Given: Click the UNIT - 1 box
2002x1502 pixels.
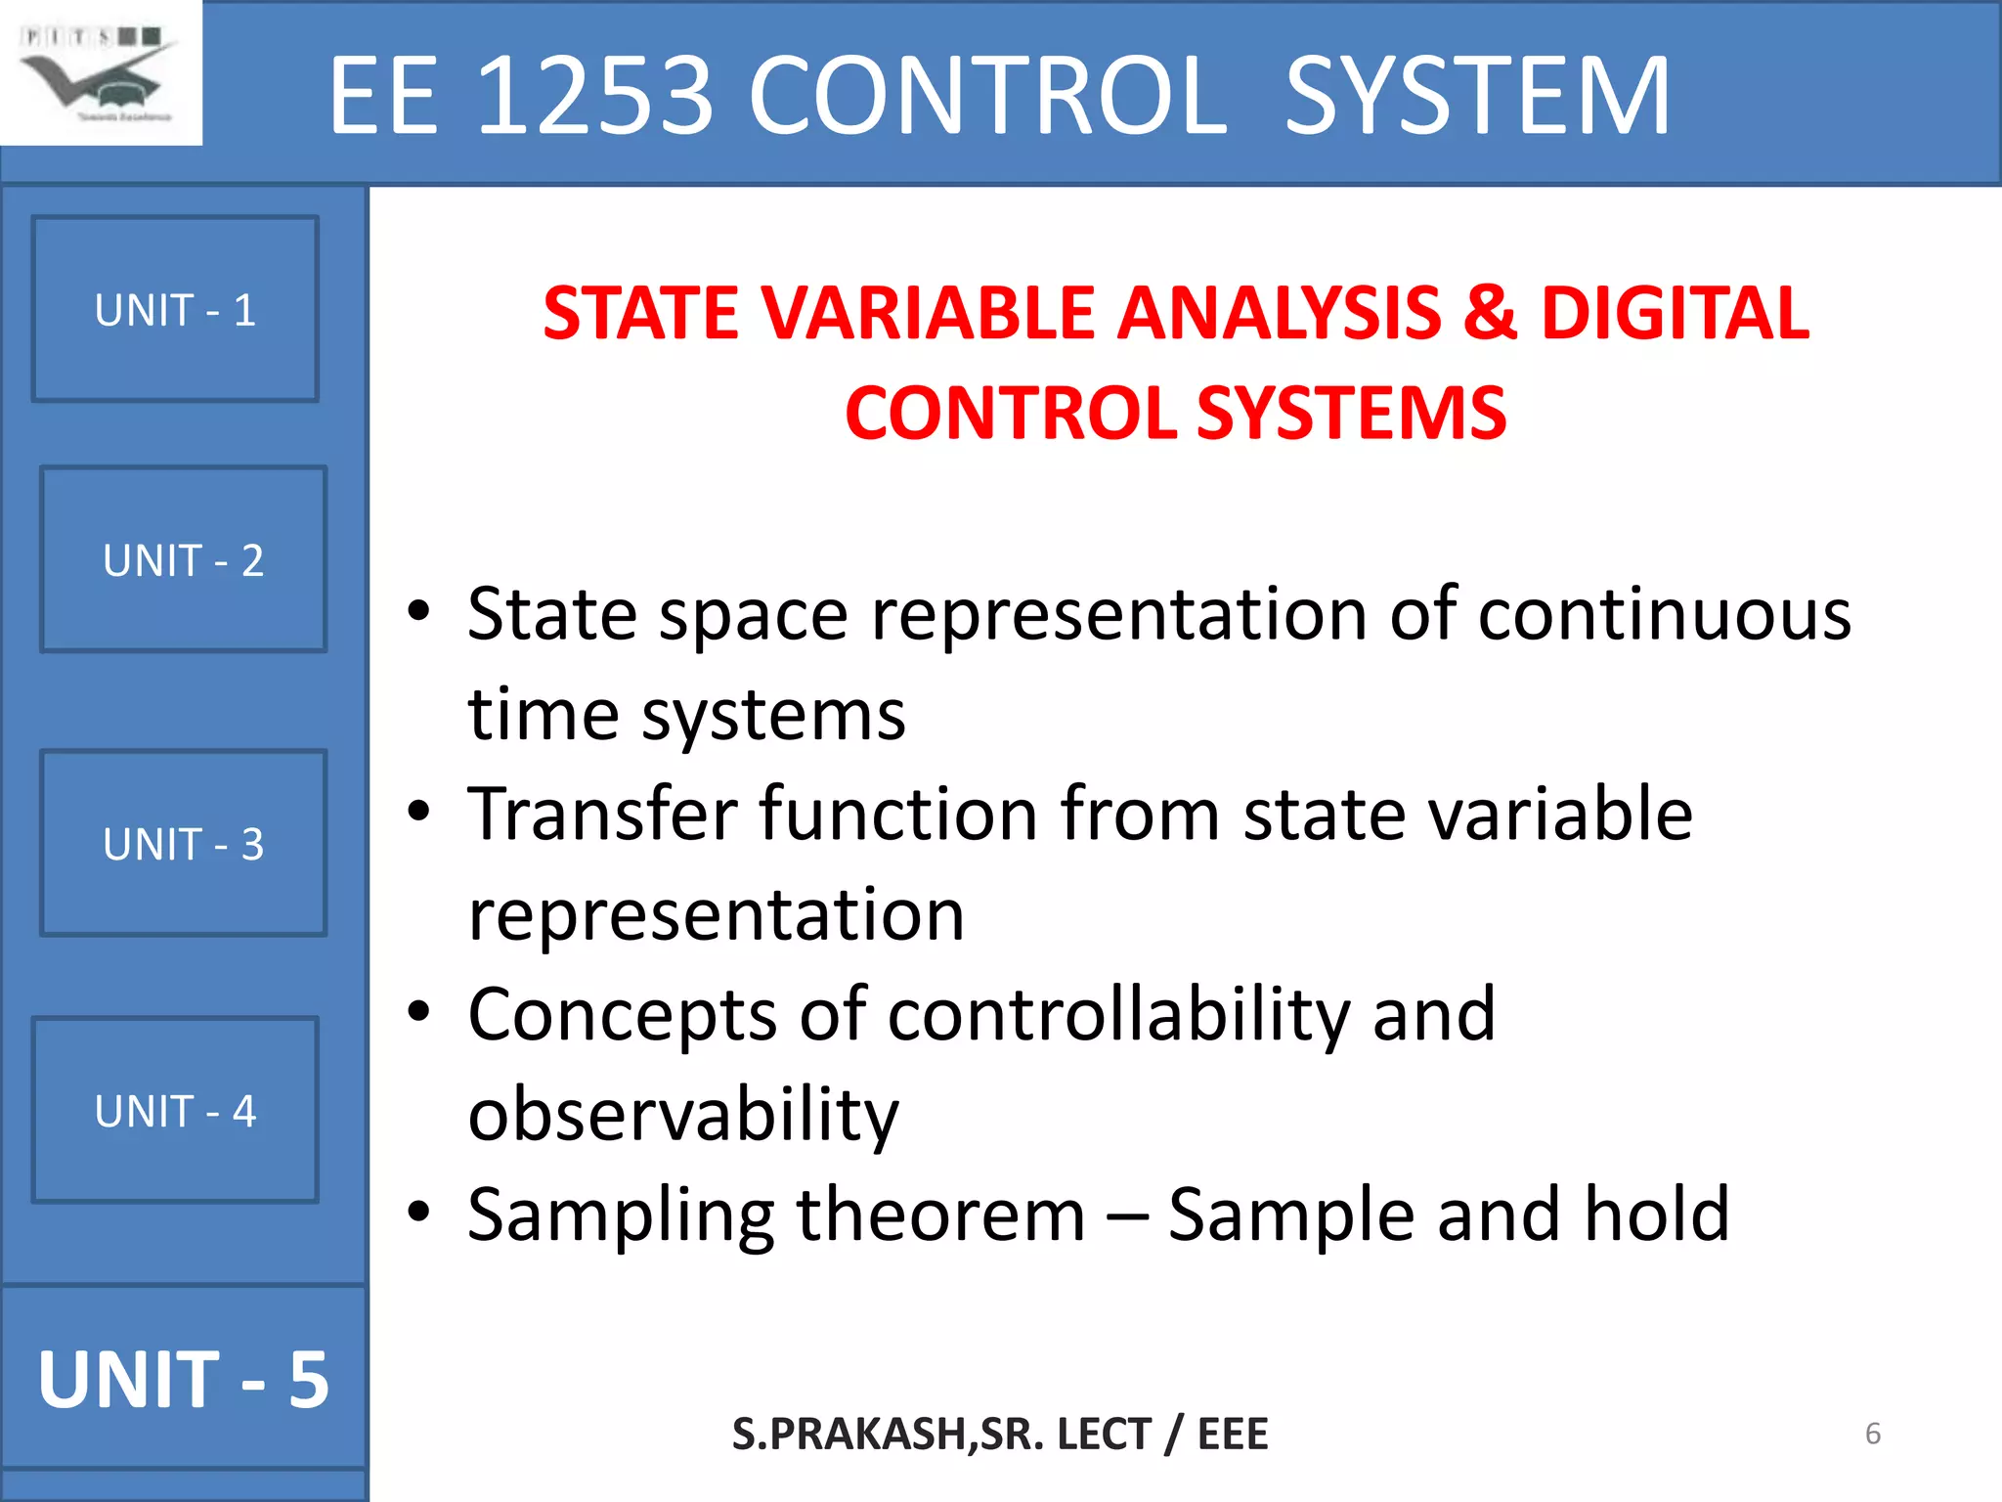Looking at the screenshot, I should pos(175,309).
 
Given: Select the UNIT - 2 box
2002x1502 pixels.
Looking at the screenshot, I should pos(183,559).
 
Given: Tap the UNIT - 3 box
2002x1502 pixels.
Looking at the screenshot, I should pos(183,843).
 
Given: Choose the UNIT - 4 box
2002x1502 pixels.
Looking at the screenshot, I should pos(175,1110).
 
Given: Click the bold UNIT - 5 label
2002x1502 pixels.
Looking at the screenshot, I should pos(183,1379).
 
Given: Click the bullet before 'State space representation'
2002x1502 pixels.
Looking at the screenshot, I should pos(419,613).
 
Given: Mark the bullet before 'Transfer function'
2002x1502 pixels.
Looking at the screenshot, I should pos(419,813).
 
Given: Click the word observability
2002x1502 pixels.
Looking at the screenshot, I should pos(682,1115).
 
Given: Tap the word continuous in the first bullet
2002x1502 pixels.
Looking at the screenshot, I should pos(1664,615).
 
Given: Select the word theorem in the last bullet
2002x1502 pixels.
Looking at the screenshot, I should pos(940,1215).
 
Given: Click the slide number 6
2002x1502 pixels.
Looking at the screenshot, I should pos(1872,1434).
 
